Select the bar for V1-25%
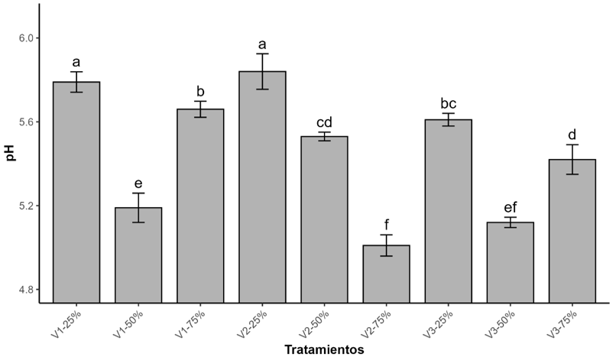tap(76, 192)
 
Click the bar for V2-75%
tap(387, 274)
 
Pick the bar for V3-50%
tap(511, 262)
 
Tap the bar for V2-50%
tap(325, 219)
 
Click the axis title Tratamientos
tap(324, 349)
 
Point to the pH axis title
tap(11, 154)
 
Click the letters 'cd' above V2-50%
tap(325, 122)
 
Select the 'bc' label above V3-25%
tap(449, 104)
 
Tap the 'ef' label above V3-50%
tap(511, 207)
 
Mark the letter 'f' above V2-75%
tap(387, 225)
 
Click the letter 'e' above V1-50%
tap(138, 183)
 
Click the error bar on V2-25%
tap(262, 72)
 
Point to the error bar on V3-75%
tap(572, 159)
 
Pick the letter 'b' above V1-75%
tap(200, 92)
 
